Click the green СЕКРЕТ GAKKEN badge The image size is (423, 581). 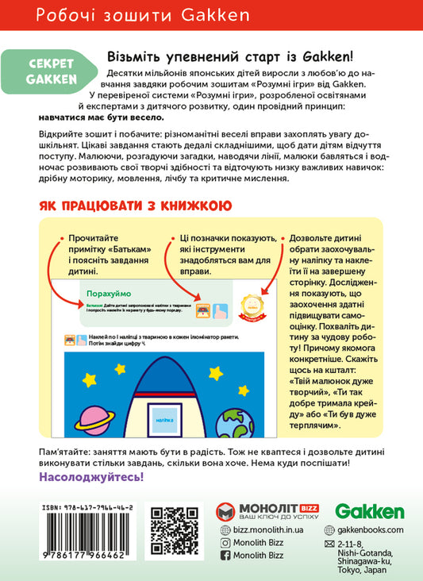pyautogui.click(x=50, y=70)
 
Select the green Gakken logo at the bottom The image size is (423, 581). pyautogui.click(x=370, y=512)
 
